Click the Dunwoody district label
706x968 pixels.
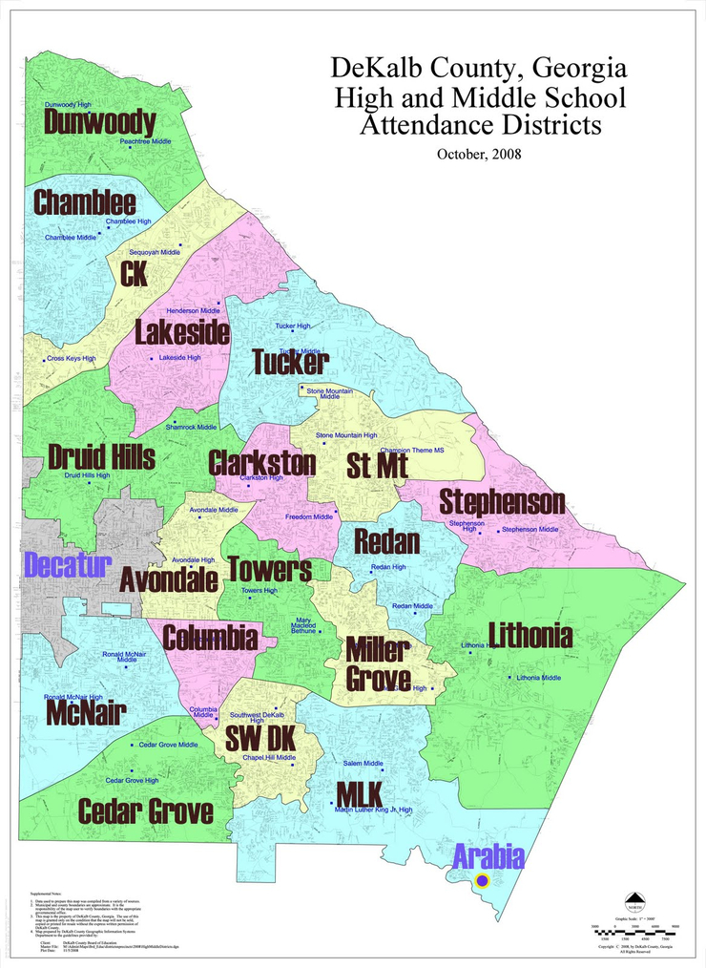click(99, 122)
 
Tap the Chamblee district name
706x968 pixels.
click(85, 202)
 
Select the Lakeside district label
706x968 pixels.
click(181, 332)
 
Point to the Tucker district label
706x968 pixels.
click(290, 363)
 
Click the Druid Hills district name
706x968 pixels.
click(101, 456)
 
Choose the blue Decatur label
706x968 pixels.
click(68, 564)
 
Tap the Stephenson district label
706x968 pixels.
click(502, 502)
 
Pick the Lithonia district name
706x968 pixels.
click(529, 635)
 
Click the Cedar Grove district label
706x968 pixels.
click(145, 811)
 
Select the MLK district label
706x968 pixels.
click(359, 793)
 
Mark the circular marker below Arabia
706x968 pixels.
click(483, 879)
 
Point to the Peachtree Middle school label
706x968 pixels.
click(146, 141)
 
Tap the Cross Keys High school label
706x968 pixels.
click(72, 359)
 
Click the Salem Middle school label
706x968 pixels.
click(363, 764)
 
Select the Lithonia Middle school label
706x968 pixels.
click(538, 677)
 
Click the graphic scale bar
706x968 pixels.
click(634, 928)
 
